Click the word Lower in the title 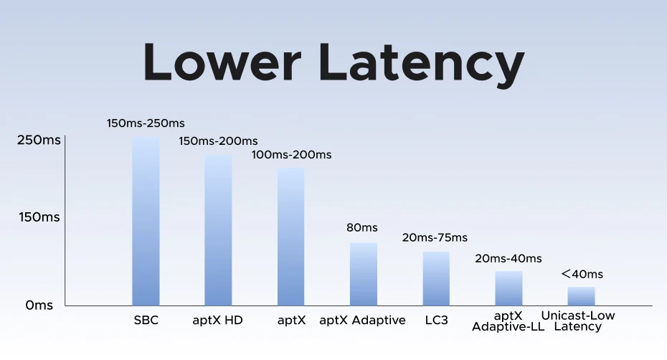coord(222,62)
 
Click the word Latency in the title coord(422,65)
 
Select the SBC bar coord(146,222)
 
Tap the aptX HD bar coord(218,230)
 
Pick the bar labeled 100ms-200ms coord(291,237)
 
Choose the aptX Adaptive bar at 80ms coord(364,274)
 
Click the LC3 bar coord(436,279)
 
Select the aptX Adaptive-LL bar coord(508,288)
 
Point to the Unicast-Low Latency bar coord(581,296)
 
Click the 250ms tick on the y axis coord(39,140)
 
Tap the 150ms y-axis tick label coord(39,217)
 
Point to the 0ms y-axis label coord(39,305)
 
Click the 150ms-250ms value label coord(146,123)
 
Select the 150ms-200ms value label coord(218,141)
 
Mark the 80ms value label coord(362,227)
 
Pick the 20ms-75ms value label coord(435,237)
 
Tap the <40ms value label coord(582,274)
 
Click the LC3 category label coord(437,320)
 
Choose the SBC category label coord(146,320)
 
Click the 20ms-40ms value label coord(508,258)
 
